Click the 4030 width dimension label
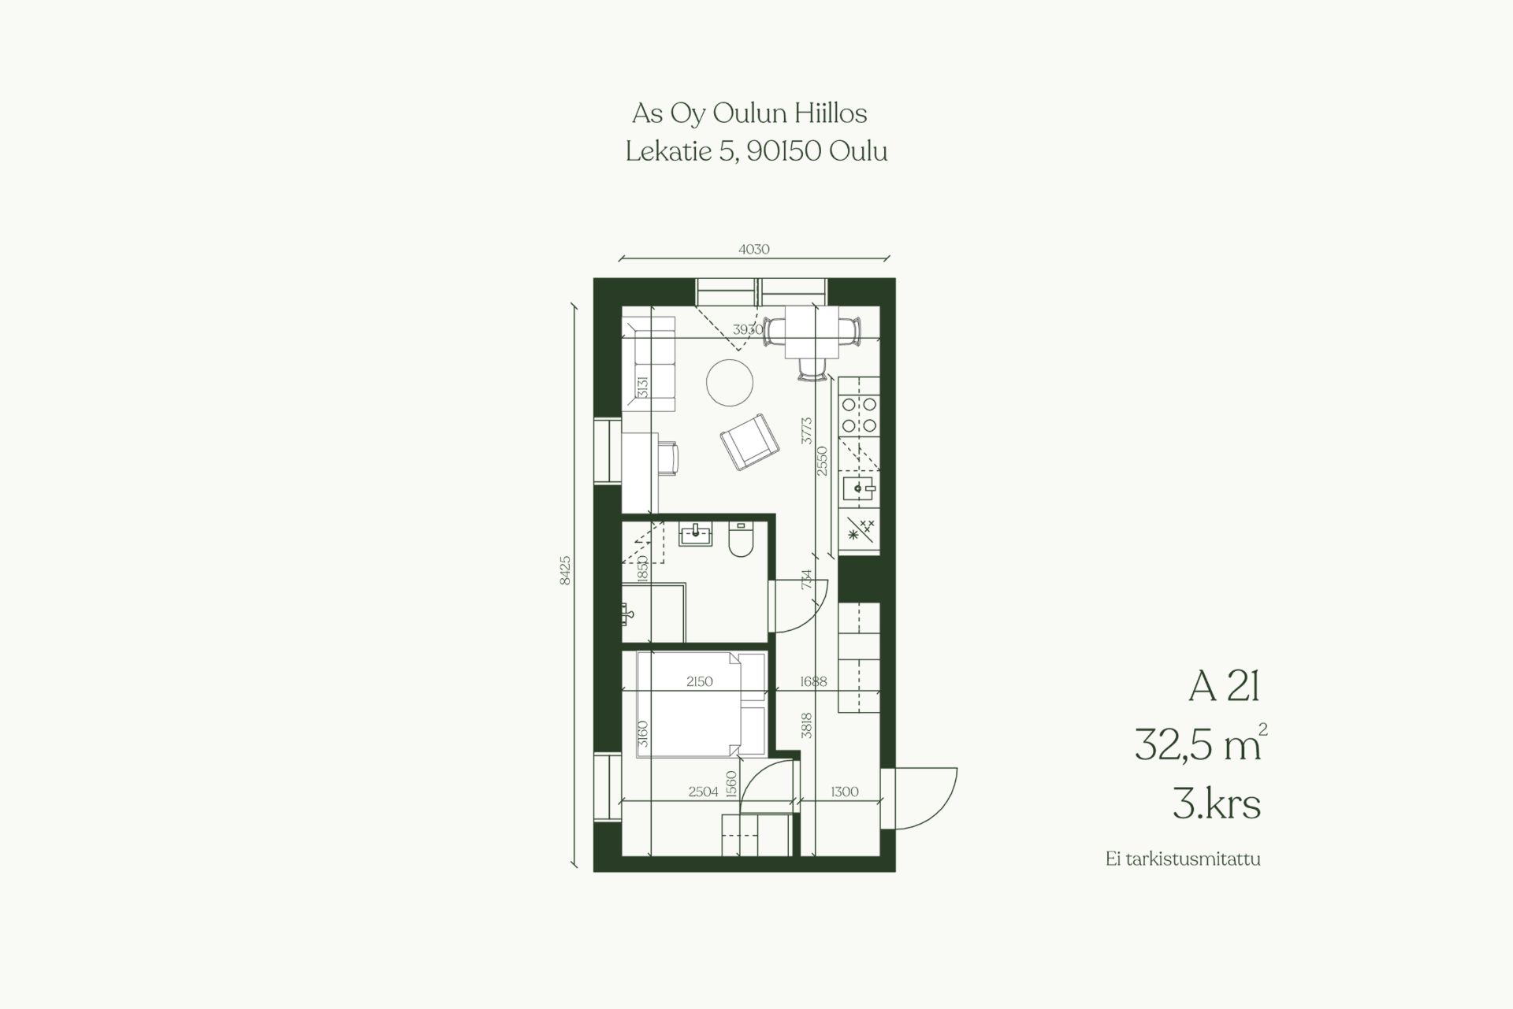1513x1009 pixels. click(753, 250)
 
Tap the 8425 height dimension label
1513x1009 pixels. click(564, 570)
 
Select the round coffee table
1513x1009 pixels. click(730, 383)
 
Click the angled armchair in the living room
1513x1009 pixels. click(749, 442)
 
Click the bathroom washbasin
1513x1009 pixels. click(697, 534)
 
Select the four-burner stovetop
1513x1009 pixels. click(859, 414)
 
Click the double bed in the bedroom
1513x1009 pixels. click(701, 704)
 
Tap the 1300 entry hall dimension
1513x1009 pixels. click(844, 792)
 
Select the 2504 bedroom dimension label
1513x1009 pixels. click(704, 792)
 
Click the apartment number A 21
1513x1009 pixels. click(1224, 687)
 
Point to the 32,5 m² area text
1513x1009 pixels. click(1201, 744)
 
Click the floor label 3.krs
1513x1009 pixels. click(1217, 804)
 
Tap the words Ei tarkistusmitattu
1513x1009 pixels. click(1183, 859)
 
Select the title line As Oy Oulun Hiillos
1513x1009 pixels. click(749, 114)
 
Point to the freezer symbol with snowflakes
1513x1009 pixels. click(859, 530)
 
